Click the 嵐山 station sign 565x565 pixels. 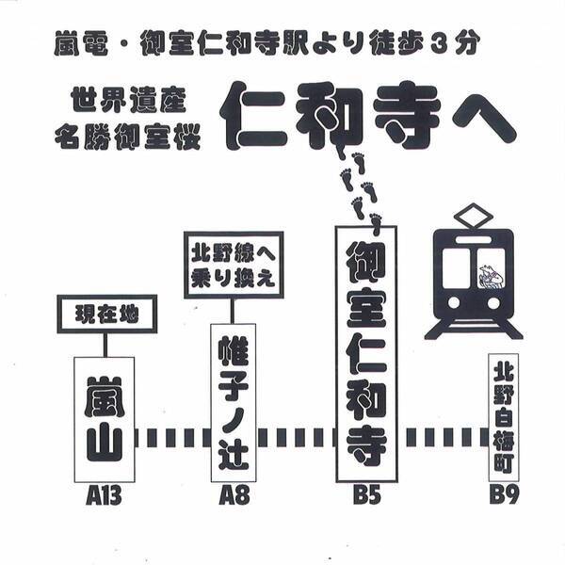coord(104,418)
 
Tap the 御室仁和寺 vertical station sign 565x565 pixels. coord(366,354)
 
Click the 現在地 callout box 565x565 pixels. coord(106,315)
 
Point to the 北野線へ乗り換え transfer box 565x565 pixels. coord(234,264)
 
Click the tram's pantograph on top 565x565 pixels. coord(474,217)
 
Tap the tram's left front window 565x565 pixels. coord(456,268)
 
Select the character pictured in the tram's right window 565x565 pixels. coord(491,273)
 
